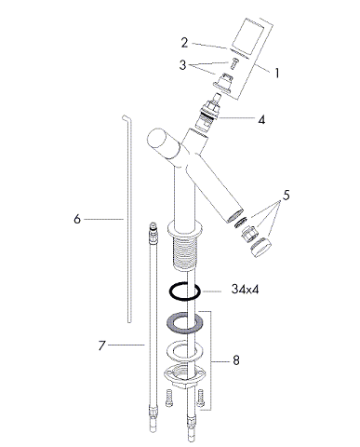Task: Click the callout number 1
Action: point(277,73)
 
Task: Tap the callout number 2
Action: point(184,43)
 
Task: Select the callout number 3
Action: point(182,65)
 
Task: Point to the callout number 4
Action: point(261,119)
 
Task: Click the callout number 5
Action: point(286,196)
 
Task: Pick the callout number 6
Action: point(77,219)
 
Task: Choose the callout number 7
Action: point(102,345)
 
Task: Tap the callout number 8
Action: point(236,360)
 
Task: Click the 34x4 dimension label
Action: point(245,290)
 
